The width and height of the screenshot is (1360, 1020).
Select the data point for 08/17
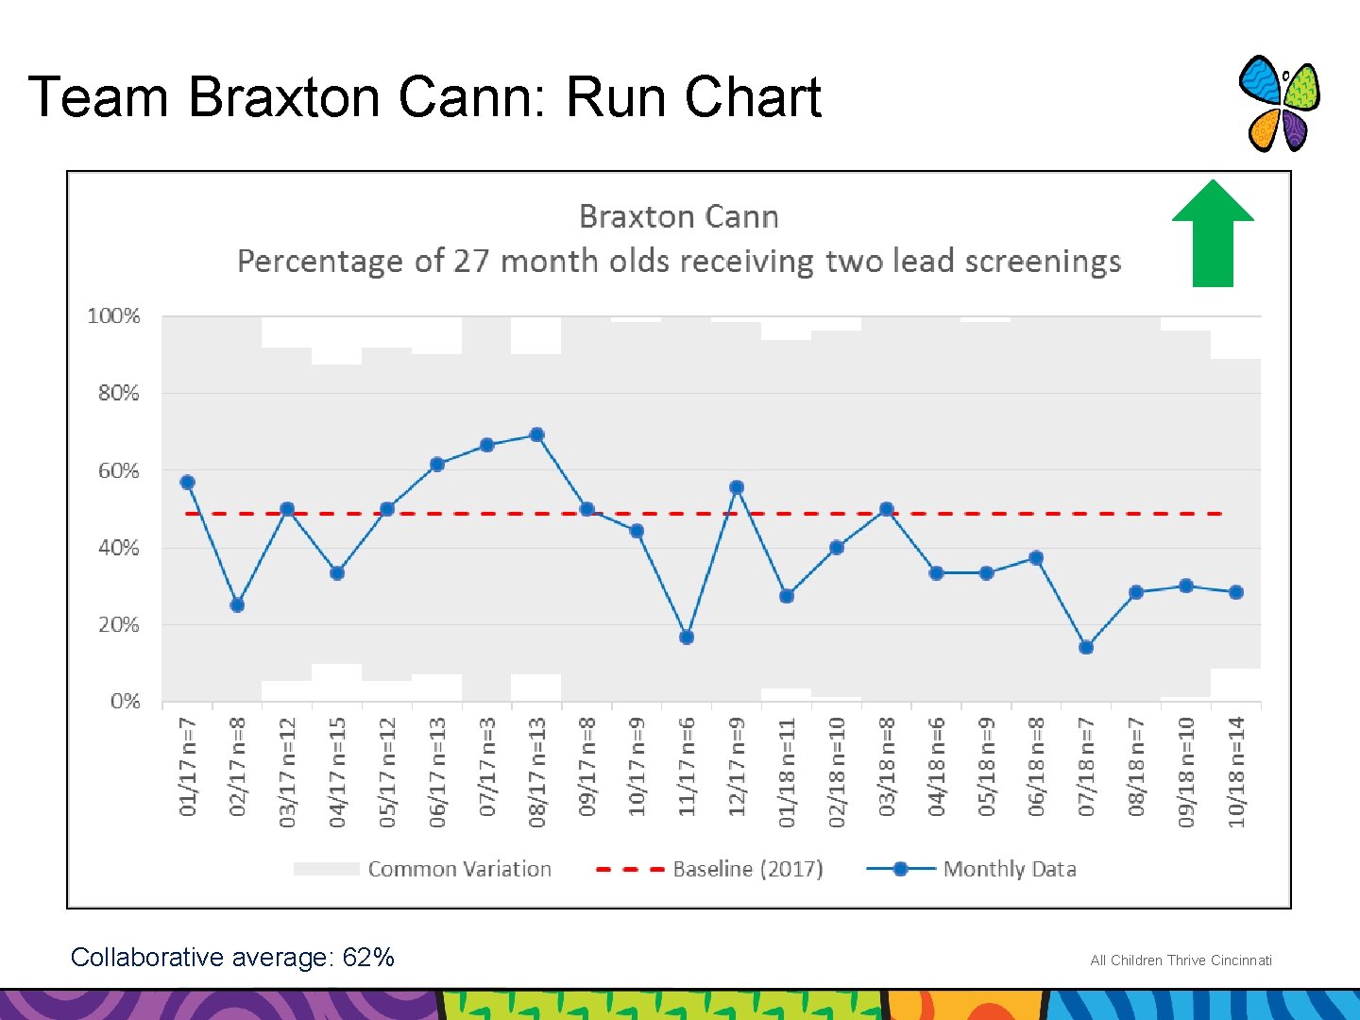coord(537,435)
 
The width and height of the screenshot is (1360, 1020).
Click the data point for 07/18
coord(1086,648)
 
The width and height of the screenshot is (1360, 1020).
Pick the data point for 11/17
coord(687,637)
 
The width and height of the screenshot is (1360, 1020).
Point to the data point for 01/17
coord(188,483)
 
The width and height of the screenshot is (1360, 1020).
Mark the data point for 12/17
coord(737,488)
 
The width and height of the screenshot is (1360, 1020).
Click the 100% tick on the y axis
coord(113,316)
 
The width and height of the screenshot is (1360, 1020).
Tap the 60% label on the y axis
coord(118,470)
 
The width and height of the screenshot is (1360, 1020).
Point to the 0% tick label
coord(125,702)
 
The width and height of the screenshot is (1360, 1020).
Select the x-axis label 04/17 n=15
coord(337,772)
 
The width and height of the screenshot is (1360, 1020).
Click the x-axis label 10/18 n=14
coord(1236,772)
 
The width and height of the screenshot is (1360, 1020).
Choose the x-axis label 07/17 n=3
coord(487,766)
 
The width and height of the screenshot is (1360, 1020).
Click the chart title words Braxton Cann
coord(678,217)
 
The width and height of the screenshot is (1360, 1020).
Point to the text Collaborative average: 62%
coord(232,958)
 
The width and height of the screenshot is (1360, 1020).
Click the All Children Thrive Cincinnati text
coord(1181,960)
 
